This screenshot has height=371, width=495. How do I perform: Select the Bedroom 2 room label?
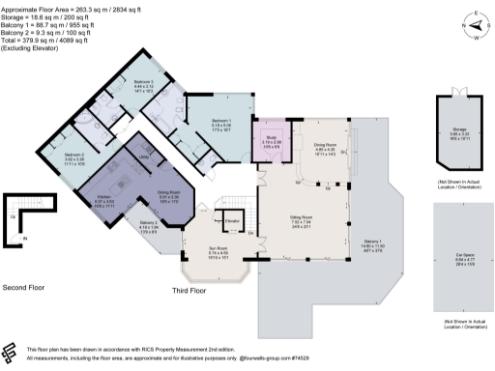(x=74, y=155)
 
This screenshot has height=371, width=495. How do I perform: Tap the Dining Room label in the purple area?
(x=171, y=192)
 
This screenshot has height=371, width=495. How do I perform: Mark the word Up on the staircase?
(x=12, y=219)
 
